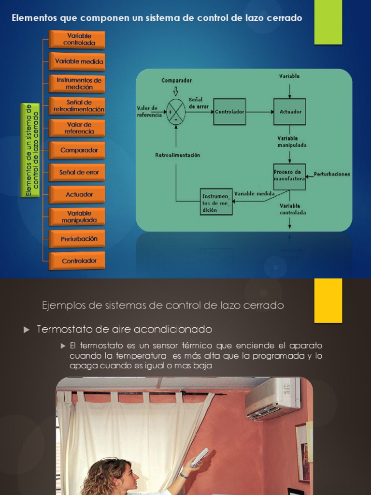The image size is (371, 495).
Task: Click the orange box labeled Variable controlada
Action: pos(77,40)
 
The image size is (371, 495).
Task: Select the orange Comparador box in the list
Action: pos(77,150)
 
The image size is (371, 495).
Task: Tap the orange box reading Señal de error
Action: pos(77,173)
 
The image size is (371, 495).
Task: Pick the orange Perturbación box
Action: pos(77,239)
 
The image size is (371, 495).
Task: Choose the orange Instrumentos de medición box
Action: pos(77,84)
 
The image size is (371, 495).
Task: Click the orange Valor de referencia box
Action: pos(77,128)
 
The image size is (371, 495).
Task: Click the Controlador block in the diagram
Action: pos(229,112)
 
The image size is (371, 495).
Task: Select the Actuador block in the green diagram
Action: pos(290,112)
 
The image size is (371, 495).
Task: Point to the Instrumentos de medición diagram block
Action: pos(216,202)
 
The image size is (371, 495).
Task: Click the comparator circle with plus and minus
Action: pos(176,112)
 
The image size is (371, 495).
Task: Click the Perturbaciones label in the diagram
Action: pos(332,174)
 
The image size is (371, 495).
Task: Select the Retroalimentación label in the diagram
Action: pos(177,155)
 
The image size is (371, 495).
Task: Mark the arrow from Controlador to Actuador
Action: pos(259,112)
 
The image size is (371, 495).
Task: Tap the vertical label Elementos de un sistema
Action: pos(31,150)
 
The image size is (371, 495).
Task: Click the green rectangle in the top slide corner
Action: pos(328,22)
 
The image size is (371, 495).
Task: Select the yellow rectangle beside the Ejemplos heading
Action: pos(328,300)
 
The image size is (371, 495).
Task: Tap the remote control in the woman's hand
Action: pos(200,457)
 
